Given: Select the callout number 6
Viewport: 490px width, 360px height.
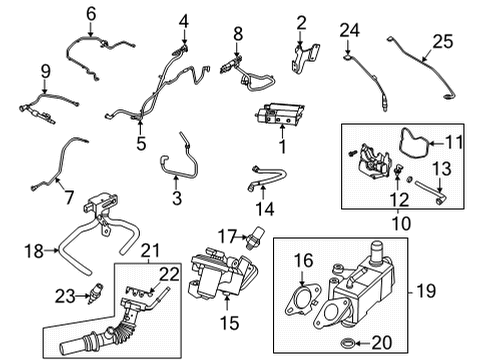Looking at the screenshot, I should click(92, 13).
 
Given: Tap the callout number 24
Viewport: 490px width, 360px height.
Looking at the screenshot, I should click(348, 34).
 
